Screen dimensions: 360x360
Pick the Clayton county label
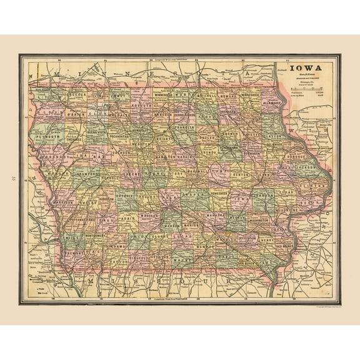(x=272, y=131)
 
